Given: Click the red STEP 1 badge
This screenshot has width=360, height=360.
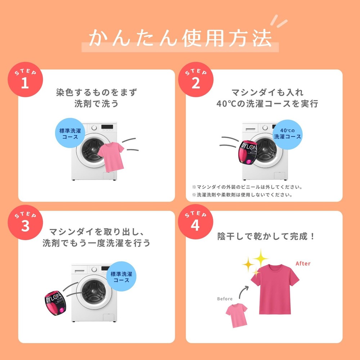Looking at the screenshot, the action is (25, 80).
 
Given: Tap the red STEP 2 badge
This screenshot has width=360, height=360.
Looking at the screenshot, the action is (196, 80).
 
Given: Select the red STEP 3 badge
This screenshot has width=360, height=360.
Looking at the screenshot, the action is (25, 222).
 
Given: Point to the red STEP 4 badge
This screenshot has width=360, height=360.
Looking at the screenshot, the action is (195, 222).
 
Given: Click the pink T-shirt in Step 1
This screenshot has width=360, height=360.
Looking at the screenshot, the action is (111, 157).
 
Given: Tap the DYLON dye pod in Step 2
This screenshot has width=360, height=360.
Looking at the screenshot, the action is (248, 152).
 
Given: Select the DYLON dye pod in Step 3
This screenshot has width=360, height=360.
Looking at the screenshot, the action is (55, 303).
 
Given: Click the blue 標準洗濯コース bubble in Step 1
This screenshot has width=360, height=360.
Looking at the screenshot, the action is (70, 133).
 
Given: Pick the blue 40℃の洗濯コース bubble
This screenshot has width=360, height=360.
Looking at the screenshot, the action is (287, 134).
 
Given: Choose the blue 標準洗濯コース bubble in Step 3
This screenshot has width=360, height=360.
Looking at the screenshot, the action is (121, 276).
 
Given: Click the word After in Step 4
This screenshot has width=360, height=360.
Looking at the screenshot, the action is (303, 264).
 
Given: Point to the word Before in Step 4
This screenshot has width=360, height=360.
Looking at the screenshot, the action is (225, 299).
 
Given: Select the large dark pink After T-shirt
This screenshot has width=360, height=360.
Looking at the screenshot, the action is (275, 289).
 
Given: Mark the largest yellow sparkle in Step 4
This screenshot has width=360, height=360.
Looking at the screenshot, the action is (261, 258).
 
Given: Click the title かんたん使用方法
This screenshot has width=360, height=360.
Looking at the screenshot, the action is (180, 38).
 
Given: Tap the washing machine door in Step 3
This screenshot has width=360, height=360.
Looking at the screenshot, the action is (94, 292).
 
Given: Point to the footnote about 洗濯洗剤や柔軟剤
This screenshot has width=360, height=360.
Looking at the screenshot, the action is (242, 195).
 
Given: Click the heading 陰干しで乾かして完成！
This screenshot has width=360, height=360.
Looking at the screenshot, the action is (266, 236).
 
